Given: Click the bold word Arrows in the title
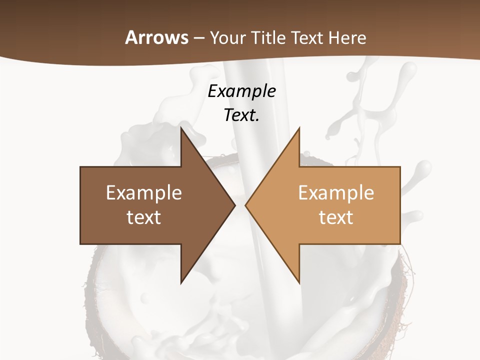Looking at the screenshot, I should [x=156, y=37].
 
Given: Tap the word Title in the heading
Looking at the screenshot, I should [x=268, y=38].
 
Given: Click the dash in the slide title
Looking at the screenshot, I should [x=199, y=38].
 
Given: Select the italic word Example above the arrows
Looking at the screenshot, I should [x=241, y=91].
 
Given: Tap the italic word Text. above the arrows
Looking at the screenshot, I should [x=241, y=115].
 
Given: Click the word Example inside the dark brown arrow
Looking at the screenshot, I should [x=143, y=192].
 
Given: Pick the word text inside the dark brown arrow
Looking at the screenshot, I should [x=143, y=217].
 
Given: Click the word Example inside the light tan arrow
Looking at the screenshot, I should [x=336, y=192].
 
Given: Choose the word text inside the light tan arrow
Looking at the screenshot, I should [x=336, y=217].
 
